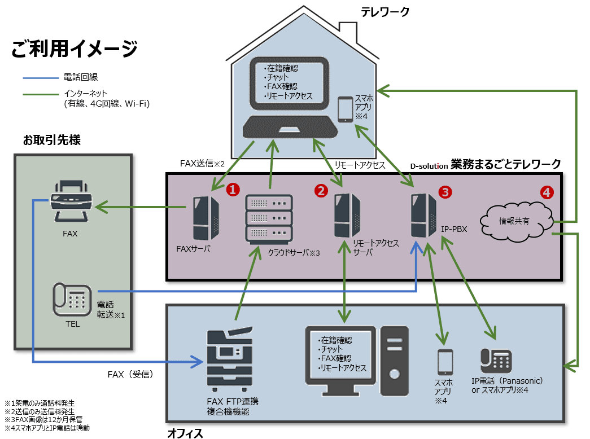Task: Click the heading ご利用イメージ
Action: [74, 49]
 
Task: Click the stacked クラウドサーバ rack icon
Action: [269, 218]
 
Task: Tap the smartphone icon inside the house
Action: [345, 109]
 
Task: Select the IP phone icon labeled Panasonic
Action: [496, 359]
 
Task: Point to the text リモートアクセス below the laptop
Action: [360, 165]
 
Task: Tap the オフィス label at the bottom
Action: [185, 433]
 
